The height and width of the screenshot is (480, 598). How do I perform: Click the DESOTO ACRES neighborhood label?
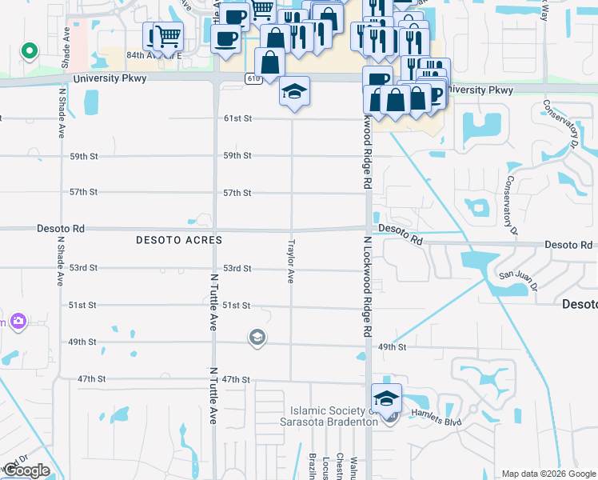(178, 240)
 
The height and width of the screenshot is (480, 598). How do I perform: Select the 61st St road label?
(237, 118)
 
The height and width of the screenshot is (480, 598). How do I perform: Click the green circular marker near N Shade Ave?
(30, 52)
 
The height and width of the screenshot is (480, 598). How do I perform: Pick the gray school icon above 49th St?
(257, 337)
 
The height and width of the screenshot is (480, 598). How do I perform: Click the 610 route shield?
(253, 78)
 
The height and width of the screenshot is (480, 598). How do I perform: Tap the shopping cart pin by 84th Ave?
(167, 37)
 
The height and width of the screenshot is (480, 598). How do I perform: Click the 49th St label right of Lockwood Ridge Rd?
(393, 347)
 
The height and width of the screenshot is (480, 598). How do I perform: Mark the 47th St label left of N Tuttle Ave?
(93, 378)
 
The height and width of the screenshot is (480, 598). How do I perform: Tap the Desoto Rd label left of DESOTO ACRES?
(61, 229)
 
